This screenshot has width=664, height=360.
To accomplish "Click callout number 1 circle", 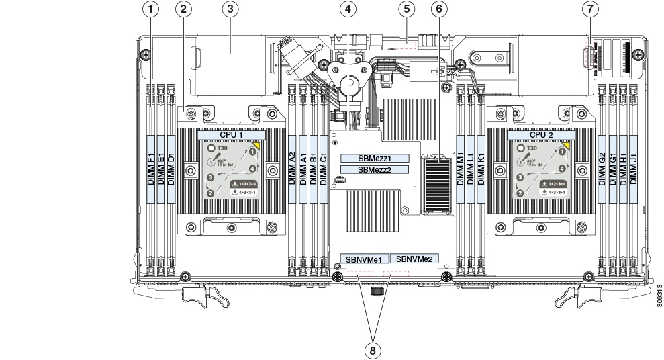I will (154, 9).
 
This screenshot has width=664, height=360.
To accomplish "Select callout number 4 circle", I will (347, 9).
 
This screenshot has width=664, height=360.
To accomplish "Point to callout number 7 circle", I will (590, 9).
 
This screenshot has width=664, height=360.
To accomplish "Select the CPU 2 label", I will (541, 135).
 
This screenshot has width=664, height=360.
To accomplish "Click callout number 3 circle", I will (230, 9).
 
